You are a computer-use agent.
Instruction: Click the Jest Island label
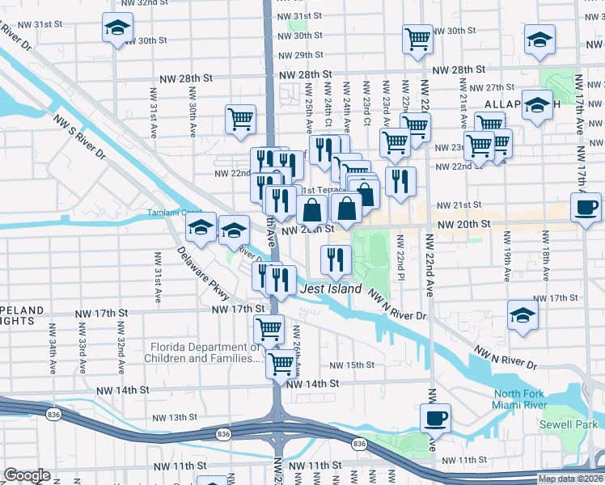326,289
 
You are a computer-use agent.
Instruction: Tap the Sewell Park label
569,424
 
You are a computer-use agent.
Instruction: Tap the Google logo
27,475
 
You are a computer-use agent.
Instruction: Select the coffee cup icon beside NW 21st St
586,207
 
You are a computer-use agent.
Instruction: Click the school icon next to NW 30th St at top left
118,29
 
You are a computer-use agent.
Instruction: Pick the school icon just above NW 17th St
523,315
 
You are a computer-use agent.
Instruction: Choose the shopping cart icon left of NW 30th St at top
417,39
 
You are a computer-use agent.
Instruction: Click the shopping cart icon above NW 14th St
281,363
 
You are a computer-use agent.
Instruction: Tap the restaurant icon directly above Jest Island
336,259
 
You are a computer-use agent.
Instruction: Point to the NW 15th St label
352,365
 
